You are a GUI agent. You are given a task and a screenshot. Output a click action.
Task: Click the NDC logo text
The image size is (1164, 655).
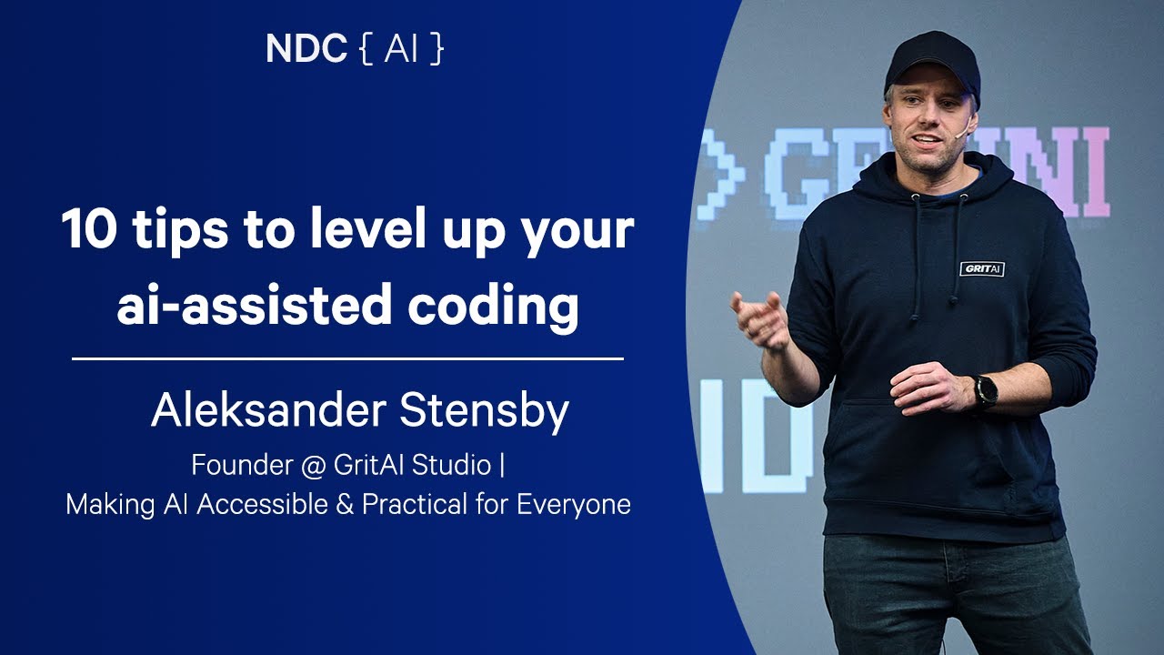pyautogui.click(x=306, y=49)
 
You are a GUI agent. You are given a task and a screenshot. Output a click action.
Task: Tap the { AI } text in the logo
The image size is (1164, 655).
pyautogui.click(x=401, y=49)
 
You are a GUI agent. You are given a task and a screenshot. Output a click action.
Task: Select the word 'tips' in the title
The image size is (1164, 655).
pyautogui.click(x=186, y=230)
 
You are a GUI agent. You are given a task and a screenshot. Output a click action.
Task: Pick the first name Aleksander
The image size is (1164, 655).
pyautogui.click(x=266, y=411)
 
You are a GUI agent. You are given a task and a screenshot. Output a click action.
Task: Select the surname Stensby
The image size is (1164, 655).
pyautogui.click(x=484, y=411)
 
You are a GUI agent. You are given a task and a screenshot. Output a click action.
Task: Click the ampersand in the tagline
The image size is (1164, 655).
pyautogui.click(x=344, y=504)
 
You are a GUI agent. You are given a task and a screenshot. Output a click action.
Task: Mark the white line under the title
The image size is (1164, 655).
pyautogui.click(x=347, y=359)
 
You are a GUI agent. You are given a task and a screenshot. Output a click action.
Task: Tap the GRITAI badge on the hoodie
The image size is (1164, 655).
pyautogui.click(x=982, y=268)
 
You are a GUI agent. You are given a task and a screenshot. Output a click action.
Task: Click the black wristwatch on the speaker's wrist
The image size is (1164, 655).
pyautogui.click(x=986, y=391)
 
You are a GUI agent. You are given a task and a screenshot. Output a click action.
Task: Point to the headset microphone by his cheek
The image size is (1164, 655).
pyautogui.click(x=960, y=133)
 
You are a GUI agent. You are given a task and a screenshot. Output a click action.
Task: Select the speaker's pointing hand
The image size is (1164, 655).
pyautogui.click(x=762, y=318)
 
